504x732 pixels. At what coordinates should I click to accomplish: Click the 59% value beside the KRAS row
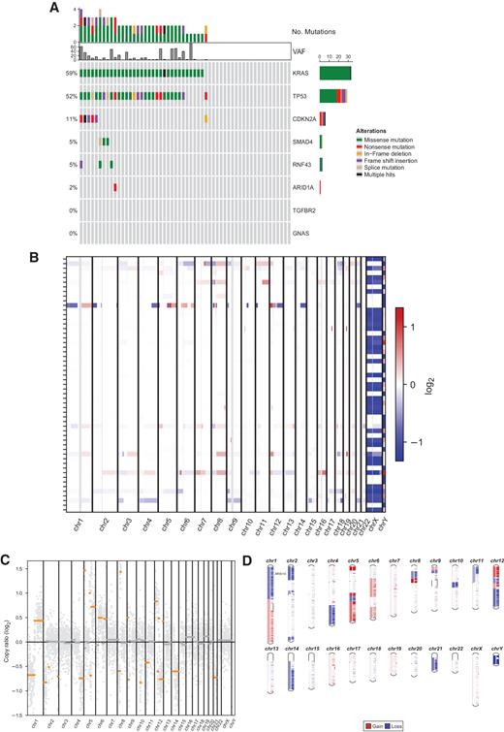[72, 73]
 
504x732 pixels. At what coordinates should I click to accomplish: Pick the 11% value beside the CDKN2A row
[72, 118]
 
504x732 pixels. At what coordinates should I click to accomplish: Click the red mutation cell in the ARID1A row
[115, 187]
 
